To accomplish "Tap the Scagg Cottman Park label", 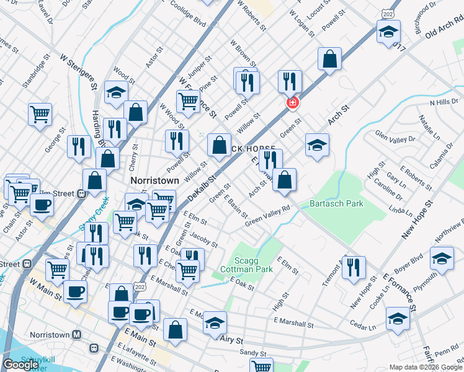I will pyautogui.click(x=246, y=265).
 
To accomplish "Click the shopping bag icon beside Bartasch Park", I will pyautogui.click(x=284, y=180).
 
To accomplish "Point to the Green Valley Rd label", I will pyautogui.click(x=267, y=216).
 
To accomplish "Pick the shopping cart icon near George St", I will pyautogui.click(x=40, y=114).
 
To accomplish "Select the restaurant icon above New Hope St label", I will pyautogui.click(x=354, y=267).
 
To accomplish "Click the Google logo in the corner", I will pyautogui.click(x=20, y=365).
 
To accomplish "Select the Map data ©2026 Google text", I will pyautogui.click(x=426, y=367).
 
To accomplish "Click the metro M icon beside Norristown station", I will pyautogui.click(x=76, y=335).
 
